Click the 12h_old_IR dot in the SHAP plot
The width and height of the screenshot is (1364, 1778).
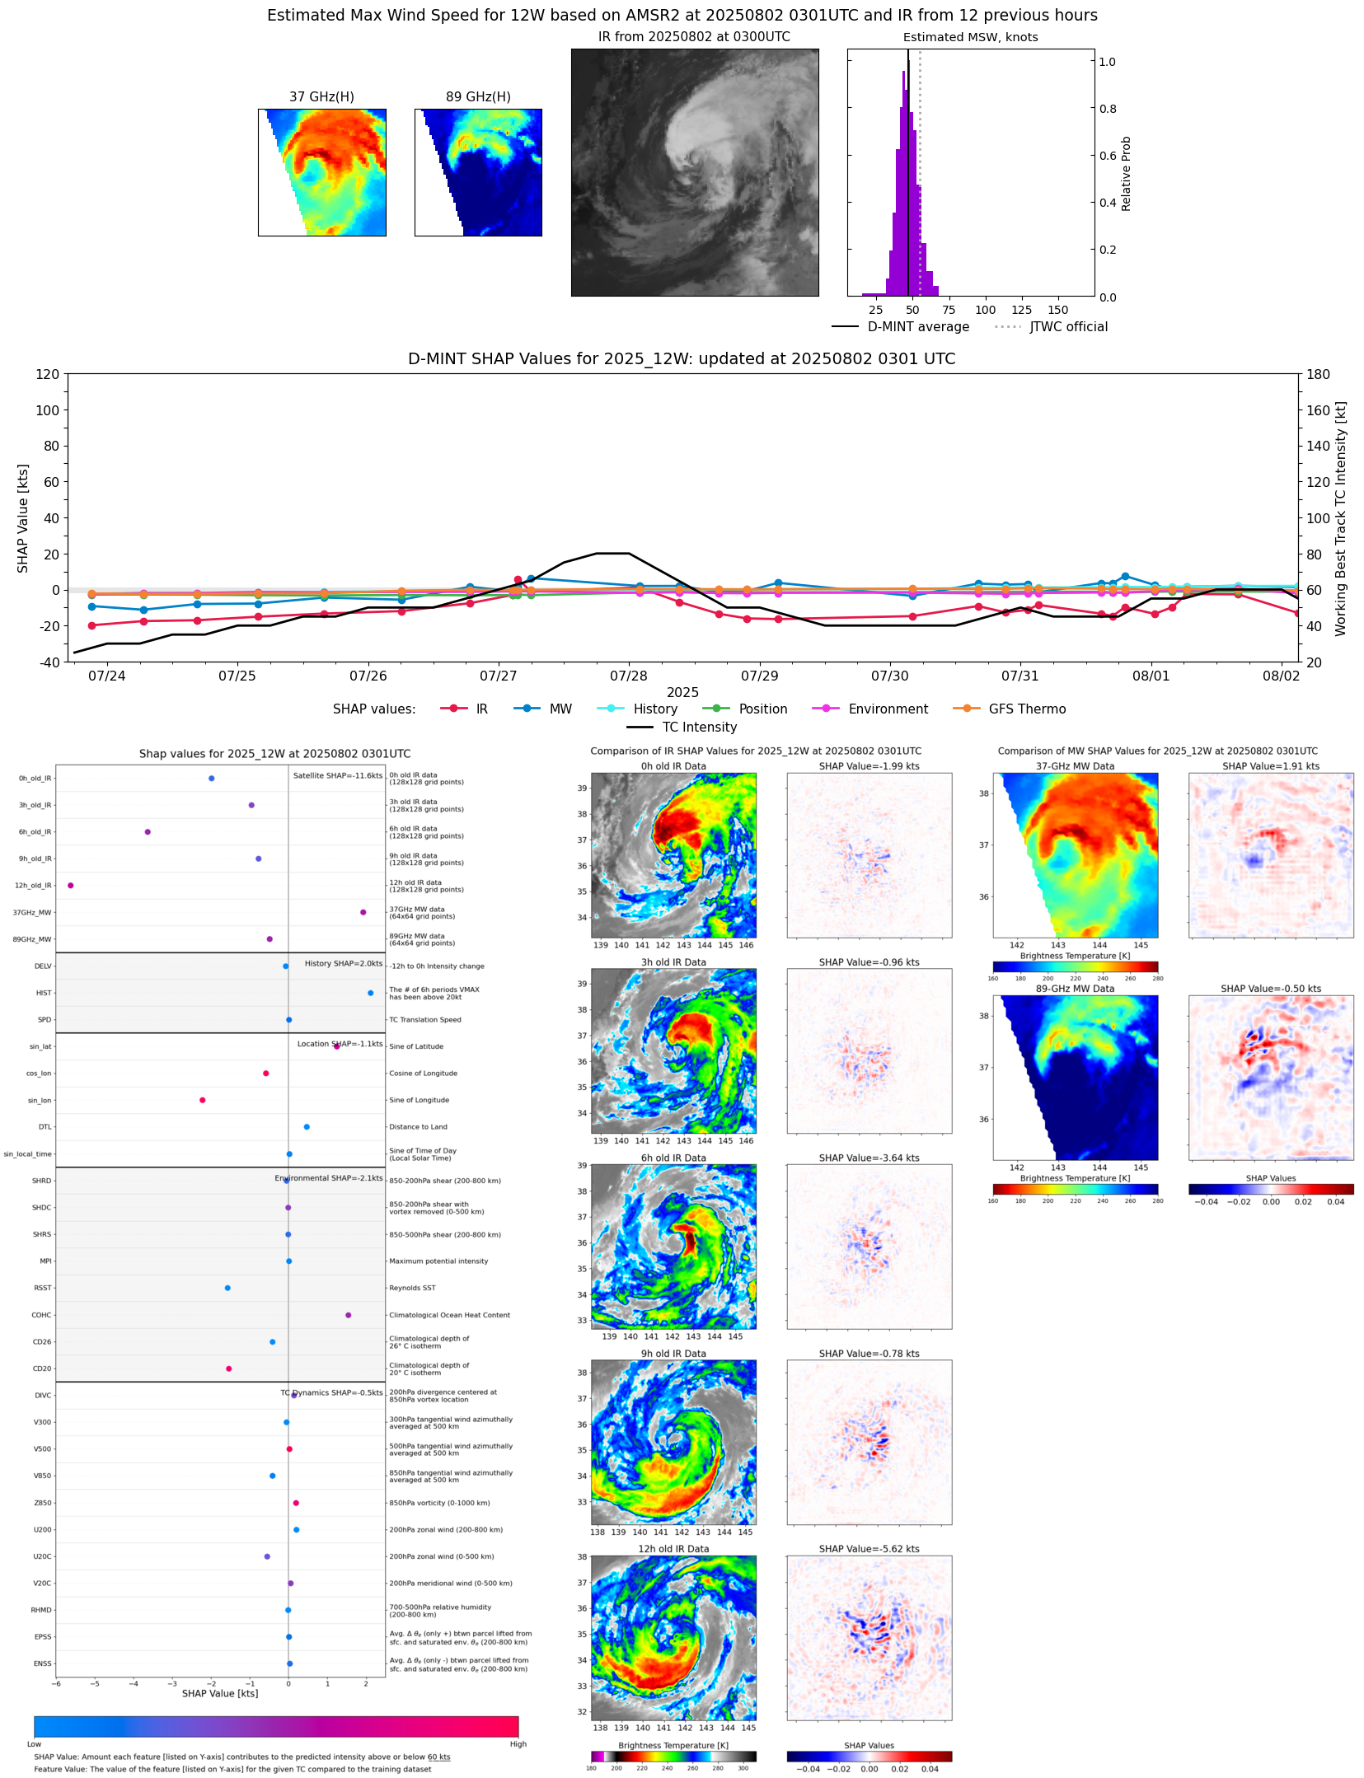coord(71,886)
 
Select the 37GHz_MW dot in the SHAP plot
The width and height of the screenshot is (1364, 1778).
coord(363,912)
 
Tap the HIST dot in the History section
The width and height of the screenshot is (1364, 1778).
coord(371,993)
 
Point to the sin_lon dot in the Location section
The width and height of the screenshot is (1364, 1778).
coord(203,1100)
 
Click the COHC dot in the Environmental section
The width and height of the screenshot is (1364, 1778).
coord(348,1315)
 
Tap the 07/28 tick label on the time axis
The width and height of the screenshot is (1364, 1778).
coord(629,676)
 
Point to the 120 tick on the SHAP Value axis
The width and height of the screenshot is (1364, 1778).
coord(47,374)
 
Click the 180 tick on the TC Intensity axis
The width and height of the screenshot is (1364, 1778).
coord(1319,374)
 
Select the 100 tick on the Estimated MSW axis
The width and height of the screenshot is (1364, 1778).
coord(985,310)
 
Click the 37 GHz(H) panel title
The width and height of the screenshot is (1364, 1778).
coord(321,97)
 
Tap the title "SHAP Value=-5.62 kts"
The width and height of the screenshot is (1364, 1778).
coord(869,1549)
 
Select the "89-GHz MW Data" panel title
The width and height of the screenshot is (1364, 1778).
coord(1075,989)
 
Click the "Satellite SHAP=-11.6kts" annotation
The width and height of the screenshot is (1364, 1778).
coord(338,776)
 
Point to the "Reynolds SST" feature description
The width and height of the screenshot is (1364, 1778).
coord(412,1288)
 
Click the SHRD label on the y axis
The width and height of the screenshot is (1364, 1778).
coord(42,1181)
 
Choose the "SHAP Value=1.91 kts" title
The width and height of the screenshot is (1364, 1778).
coord(1270,766)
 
